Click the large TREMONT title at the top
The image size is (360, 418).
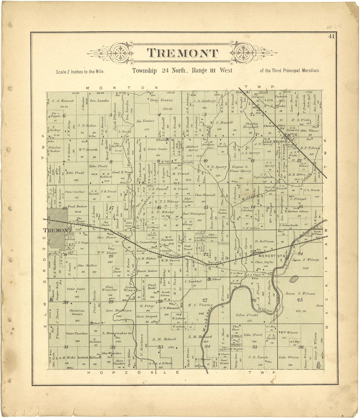tap(182, 53)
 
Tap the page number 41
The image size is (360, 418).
tap(332, 37)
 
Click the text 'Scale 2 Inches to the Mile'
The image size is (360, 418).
tap(80, 71)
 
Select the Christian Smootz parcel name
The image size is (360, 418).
tap(77, 312)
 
